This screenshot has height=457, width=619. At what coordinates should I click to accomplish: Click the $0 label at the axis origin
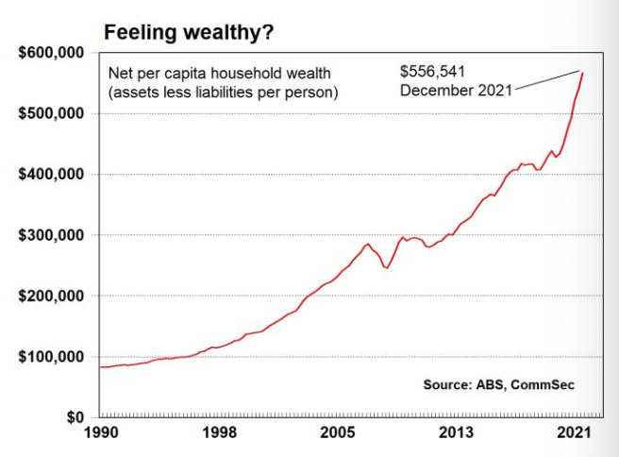[76, 417]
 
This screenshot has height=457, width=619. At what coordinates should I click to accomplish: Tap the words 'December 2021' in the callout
[455, 91]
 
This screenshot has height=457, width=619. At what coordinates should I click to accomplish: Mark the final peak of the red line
[582, 73]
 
